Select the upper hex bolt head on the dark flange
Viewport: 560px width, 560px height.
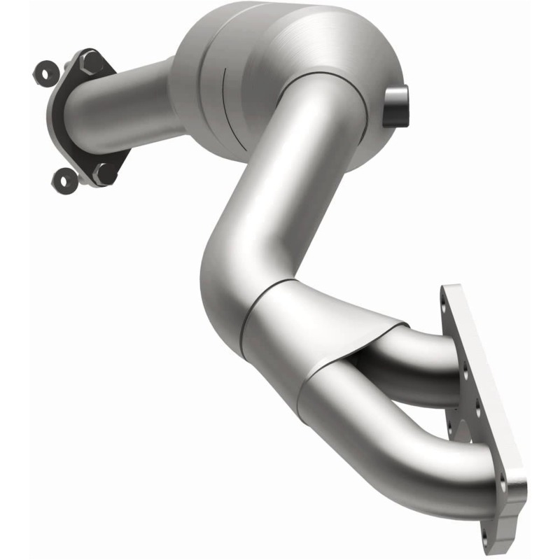pyautogui.click(x=91, y=64)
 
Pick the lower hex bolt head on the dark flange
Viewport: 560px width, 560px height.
pyautogui.click(x=105, y=171)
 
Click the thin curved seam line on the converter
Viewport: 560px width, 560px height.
pyautogui.click(x=224, y=98)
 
